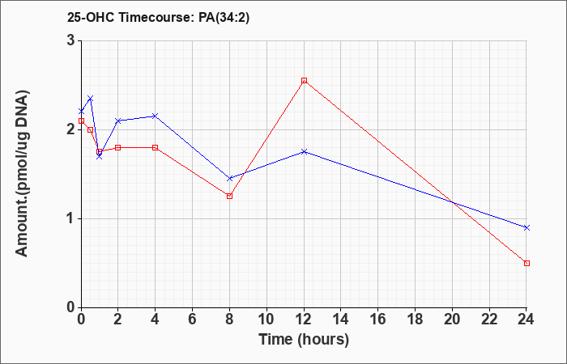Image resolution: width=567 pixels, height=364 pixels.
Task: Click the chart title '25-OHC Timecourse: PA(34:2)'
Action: click(159, 18)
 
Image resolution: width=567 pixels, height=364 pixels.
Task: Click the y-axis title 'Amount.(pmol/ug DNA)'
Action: click(22, 174)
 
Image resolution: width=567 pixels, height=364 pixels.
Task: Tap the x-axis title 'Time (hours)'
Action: click(304, 340)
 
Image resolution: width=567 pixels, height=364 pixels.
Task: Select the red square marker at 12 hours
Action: click(304, 81)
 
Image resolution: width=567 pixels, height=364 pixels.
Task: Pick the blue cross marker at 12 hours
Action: click(304, 152)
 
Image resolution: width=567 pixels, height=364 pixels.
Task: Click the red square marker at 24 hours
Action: click(526, 263)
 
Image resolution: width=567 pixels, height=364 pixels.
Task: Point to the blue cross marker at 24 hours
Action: click(526, 227)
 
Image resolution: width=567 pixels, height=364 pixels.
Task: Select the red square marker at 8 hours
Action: click(229, 196)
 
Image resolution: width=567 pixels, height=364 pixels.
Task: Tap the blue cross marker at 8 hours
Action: click(229, 179)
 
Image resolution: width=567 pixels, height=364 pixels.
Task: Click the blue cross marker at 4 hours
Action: click(156, 116)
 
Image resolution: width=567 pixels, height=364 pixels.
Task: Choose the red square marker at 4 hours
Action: click(156, 147)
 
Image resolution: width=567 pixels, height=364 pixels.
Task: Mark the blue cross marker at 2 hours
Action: click(118, 121)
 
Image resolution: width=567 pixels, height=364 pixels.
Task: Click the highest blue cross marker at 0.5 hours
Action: click(91, 98)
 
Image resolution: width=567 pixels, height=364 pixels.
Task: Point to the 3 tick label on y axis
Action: click(71, 40)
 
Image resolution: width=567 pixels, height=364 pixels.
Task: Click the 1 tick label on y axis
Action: click(71, 219)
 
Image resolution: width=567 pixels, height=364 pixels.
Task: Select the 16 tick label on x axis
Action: click(378, 320)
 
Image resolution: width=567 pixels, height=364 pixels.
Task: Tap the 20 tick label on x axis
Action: click(452, 320)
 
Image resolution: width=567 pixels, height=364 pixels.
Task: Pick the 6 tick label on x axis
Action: click(193, 320)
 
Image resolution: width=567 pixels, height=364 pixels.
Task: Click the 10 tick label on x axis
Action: click(266, 320)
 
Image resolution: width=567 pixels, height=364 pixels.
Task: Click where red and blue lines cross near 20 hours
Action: click(452, 202)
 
